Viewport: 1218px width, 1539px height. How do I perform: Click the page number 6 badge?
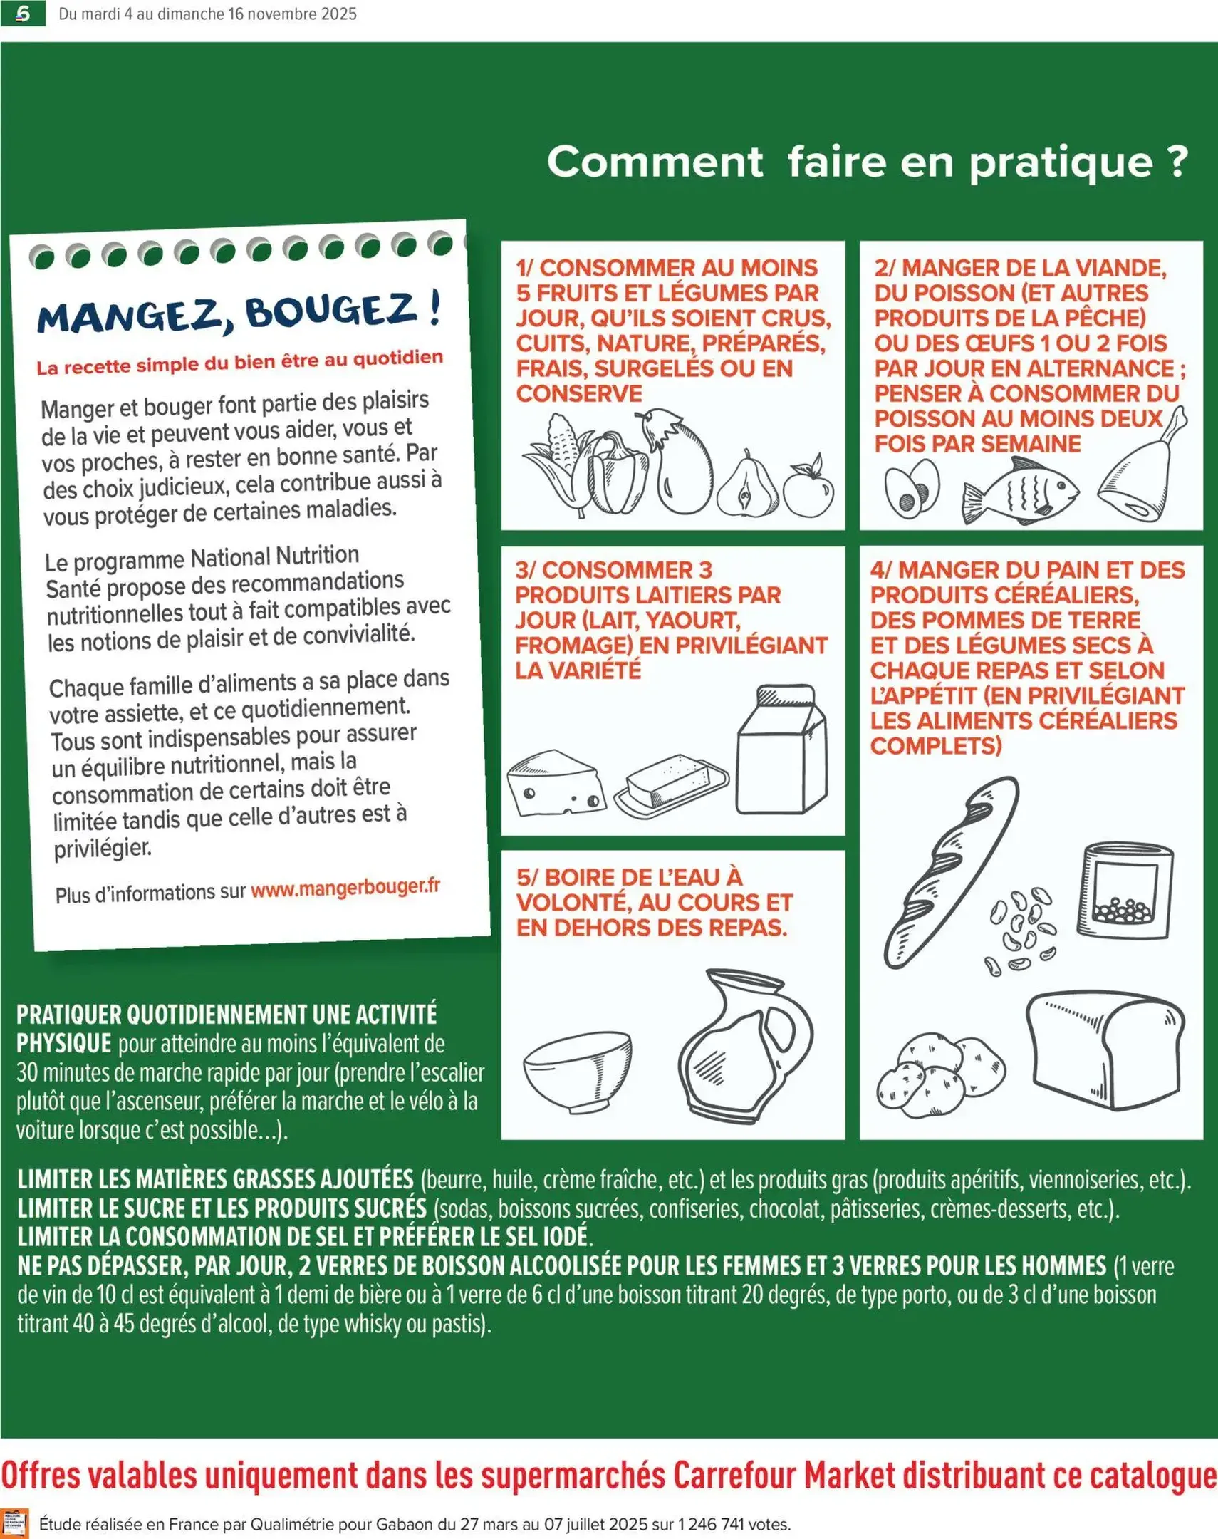(23, 14)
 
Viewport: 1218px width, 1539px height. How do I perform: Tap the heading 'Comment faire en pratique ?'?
(866, 162)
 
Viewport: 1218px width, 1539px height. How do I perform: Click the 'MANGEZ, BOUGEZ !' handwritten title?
(239, 313)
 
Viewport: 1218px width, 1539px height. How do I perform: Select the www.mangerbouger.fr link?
(345, 888)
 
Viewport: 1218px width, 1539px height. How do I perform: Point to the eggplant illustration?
(681, 464)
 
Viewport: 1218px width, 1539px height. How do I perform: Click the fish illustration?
(1020, 492)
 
